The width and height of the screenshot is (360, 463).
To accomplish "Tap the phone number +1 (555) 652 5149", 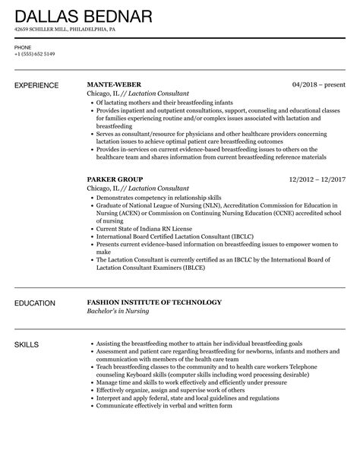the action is pyautogui.click(x=35, y=54).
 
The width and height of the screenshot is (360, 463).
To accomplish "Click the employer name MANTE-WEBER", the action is pyautogui.click(x=114, y=84).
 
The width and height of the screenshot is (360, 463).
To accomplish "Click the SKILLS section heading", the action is pyautogui.click(x=29, y=344).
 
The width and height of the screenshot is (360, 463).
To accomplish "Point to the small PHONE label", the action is pyautogui.click(x=23, y=46).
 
